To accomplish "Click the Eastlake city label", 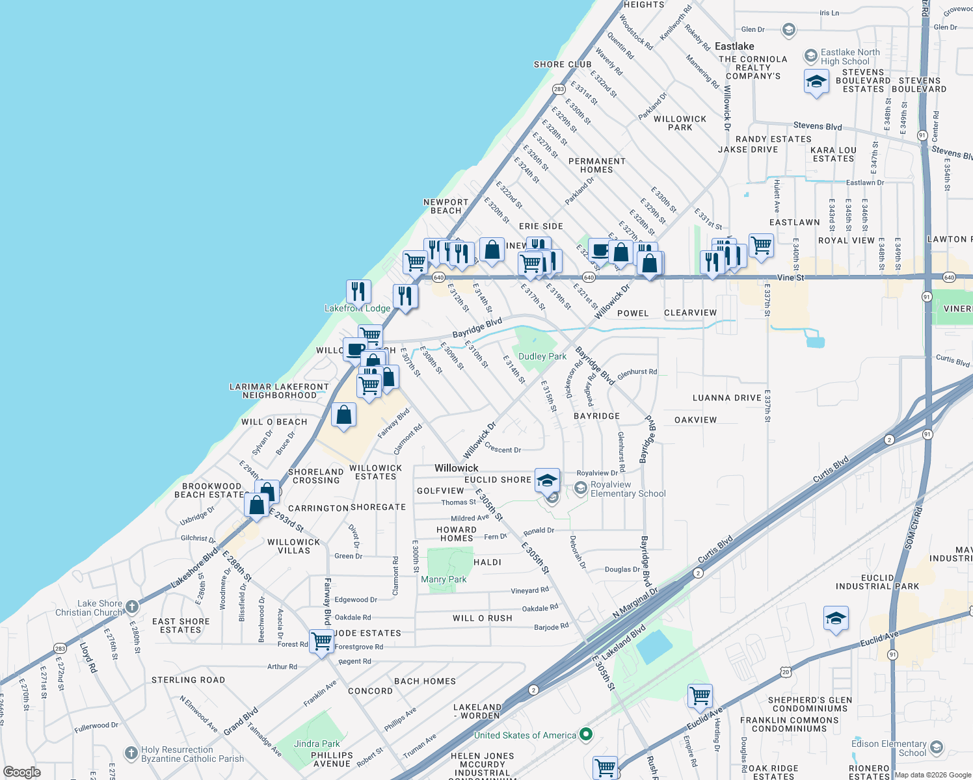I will click(x=734, y=46).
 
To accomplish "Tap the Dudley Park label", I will click(x=542, y=356).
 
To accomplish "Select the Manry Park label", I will click(x=444, y=579).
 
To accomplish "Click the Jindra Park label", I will click(x=317, y=744).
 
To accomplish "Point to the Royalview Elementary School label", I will click(x=628, y=489).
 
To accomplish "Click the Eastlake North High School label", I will click(x=849, y=57).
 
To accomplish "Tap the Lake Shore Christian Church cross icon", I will click(x=132, y=607).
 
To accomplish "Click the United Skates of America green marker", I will click(x=586, y=734).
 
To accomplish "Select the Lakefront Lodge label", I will click(x=358, y=308).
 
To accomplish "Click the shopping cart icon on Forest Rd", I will click(x=321, y=641).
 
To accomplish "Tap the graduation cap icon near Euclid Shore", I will click(x=547, y=480).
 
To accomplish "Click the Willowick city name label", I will click(x=456, y=468).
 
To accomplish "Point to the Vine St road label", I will click(x=790, y=278).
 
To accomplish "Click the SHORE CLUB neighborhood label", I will click(x=563, y=64).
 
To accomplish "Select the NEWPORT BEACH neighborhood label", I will click(x=446, y=206).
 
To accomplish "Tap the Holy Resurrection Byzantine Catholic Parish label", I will click(x=193, y=754).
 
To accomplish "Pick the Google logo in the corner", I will click(x=21, y=772).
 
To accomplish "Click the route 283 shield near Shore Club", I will click(x=559, y=89).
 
